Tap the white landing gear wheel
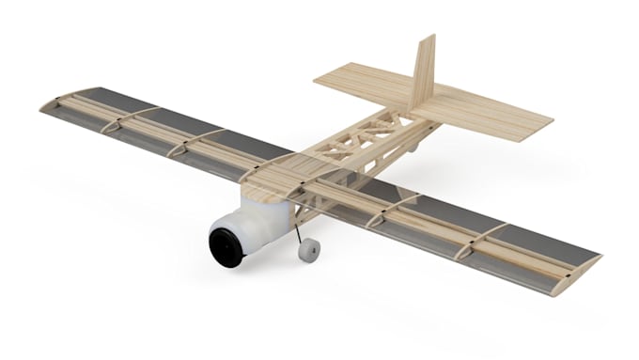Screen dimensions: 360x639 tap(308, 250)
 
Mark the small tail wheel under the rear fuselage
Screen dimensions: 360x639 tap(412, 148)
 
